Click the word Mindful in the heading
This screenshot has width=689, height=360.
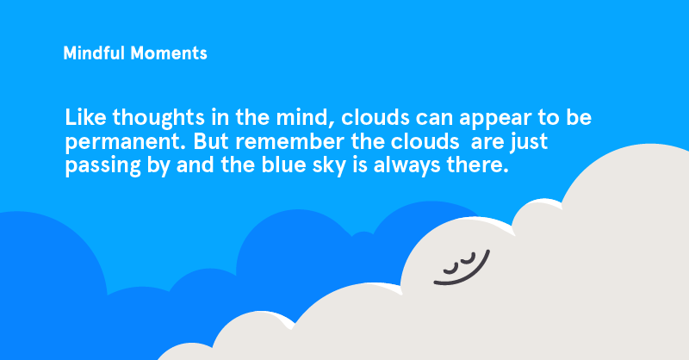pos(94,53)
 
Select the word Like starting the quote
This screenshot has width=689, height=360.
pos(84,116)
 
